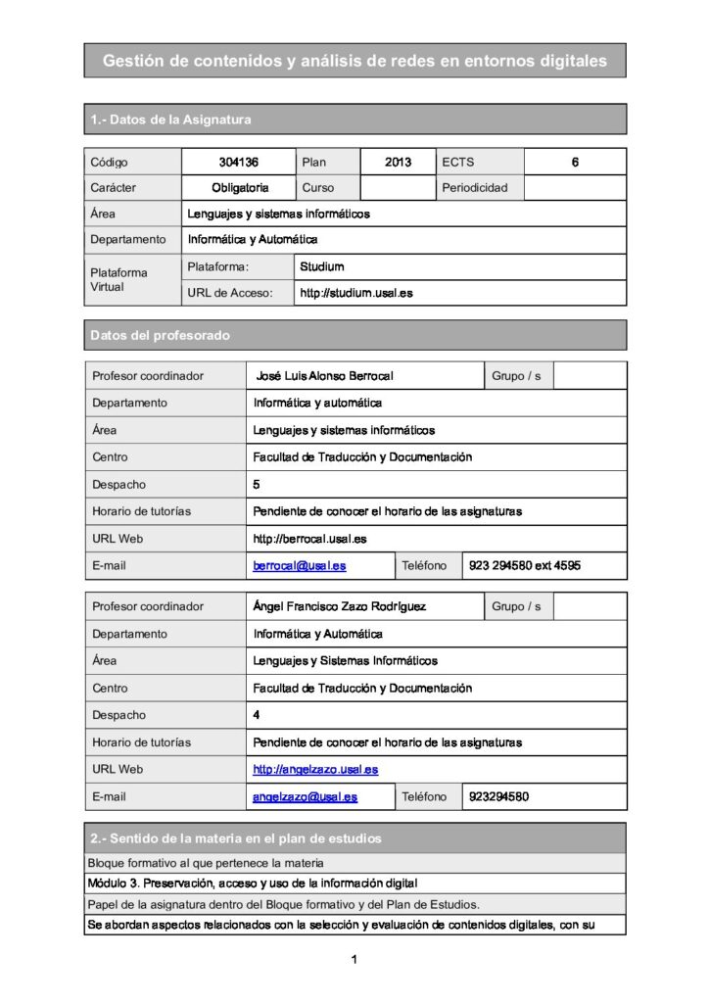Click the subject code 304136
(238, 162)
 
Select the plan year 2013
(398, 162)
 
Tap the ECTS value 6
(575, 162)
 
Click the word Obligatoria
(240, 187)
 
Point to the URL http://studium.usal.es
(356, 293)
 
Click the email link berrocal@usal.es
(299, 565)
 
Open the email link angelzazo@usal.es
(305, 796)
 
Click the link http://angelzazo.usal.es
(315, 770)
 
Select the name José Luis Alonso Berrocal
(324, 376)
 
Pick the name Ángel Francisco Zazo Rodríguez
(339, 607)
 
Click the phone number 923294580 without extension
(499, 796)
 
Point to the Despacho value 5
(257, 484)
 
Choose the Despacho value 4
(257, 715)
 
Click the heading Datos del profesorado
(160, 336)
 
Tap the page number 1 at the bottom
(354, 959)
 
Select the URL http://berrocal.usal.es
(309, 539)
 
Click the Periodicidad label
(475, 187)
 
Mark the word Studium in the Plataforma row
(322, 266)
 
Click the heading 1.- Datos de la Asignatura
(170, 119)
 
